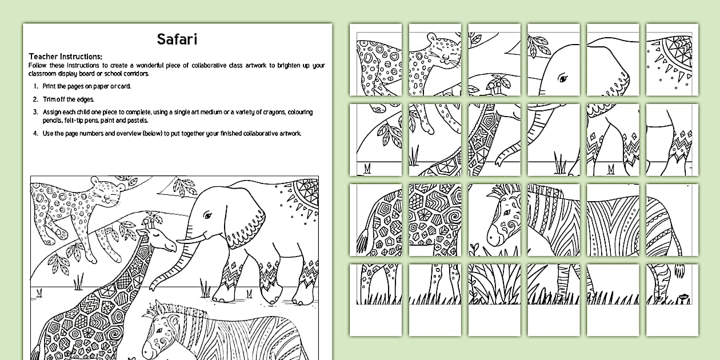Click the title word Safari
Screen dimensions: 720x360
point(177,39)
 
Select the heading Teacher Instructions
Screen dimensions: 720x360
point(66,57)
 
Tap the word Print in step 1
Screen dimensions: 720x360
point(50,86)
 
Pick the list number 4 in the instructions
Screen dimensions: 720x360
point(35,133)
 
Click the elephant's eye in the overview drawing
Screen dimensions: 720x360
point(208,215)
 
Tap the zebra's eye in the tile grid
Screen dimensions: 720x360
point(507,213)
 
